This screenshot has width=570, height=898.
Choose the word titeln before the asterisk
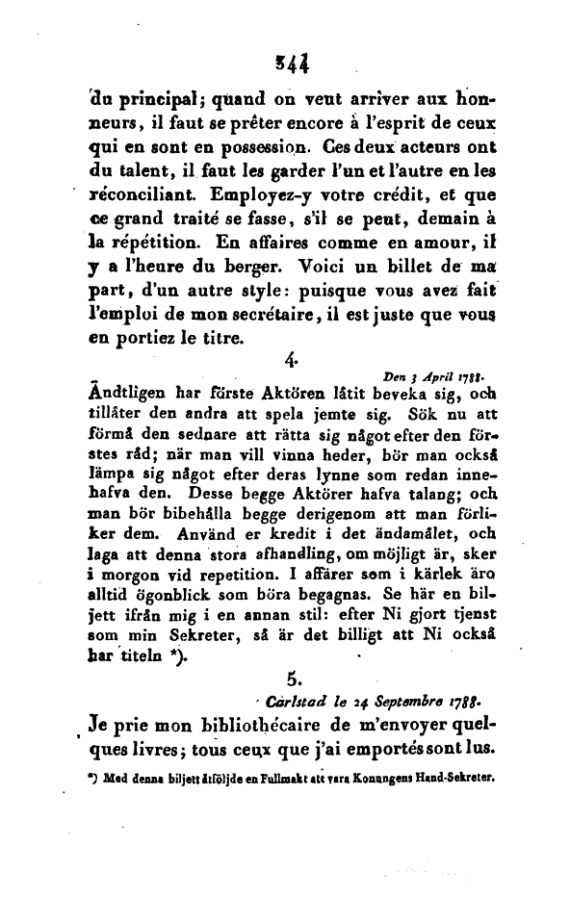144,659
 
